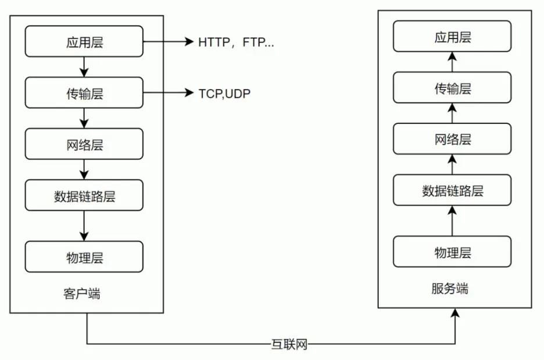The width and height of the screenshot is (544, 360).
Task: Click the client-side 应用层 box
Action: [x=84, y=41]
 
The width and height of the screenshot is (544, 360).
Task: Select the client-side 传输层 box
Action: [x=84, y=92]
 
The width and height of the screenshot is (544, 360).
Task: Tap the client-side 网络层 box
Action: [x=84, y=144]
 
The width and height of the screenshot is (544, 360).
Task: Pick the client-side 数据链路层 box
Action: [x=84, y=195]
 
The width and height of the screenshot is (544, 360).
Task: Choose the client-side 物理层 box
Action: [x=84, y=256]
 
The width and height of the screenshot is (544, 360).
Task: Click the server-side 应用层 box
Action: [x=452, y=37]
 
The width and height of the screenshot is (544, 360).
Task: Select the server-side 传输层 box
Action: [x=452, y=88]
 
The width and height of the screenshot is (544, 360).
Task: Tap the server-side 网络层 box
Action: [x=452, y=139]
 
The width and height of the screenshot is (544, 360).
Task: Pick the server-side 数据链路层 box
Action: [x=452, y=190]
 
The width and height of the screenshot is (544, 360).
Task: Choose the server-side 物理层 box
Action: [x=452, y=252]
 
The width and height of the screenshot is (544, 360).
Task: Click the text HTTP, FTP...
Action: [x=235, y=42]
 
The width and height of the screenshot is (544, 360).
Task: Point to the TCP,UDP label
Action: [x=224, y=93]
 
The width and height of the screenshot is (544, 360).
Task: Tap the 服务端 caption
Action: [x=450, y=288]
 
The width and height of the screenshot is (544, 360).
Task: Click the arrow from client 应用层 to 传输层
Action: [x=84, y=67]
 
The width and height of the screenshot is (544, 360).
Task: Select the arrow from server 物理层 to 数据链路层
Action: [x=452, y=221]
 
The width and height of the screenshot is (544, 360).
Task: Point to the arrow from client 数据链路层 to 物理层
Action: [x=84, y=226]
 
